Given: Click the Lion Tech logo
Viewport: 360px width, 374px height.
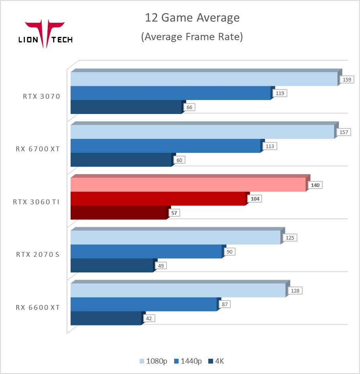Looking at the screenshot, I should pos(45,35).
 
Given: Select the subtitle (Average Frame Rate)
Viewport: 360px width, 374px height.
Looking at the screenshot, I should pos(192,37).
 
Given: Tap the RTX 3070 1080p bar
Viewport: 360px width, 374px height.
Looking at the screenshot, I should pos(203,79).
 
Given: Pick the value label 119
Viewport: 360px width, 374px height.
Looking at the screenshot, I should pos(280,93).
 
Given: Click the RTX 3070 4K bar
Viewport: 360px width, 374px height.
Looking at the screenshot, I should pos(126,107).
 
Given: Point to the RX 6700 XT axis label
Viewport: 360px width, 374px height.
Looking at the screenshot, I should pos(38,149).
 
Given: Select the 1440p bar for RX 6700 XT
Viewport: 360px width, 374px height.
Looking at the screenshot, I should pos(165,146).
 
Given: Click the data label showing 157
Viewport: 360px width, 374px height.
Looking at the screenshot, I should pos(344,132).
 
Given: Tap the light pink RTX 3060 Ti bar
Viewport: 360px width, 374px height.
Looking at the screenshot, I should pos(188,185).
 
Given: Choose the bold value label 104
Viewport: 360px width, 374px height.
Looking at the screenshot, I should pos(255,199).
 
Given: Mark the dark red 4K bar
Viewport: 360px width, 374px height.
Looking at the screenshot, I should pos(118,213).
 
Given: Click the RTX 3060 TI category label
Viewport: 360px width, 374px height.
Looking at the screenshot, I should pos(37,202).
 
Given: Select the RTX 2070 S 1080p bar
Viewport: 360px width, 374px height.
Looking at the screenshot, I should pos(175,238).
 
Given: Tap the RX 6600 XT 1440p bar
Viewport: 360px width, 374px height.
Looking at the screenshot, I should pos(143,305).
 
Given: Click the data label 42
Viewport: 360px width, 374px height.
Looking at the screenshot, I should pos(148,318).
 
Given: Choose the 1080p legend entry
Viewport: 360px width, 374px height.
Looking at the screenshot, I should pos(153,361).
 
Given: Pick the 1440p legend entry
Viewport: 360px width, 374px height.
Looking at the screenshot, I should pos(188,361).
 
